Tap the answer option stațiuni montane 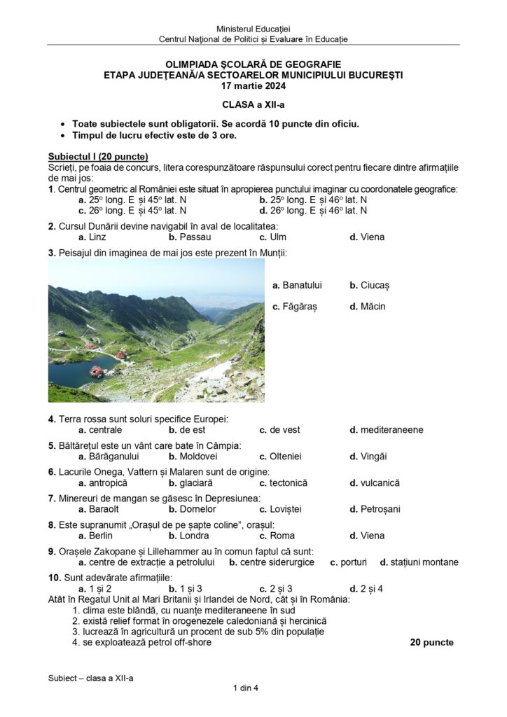pyautogui.click(x=419, y=562)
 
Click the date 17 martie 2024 pyautogui.click(x=253, y=86)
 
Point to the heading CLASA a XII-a pyautogui.click(x=253, y=105)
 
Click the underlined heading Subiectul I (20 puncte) pyautogui.click(x=98, y=156)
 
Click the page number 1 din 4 pyautogui.click(x=246, y=688)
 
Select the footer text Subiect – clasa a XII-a pyautogui.click(x=90, y=678)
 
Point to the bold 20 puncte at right pyautogui.click(x=431, y=643)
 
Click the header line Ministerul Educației pyautogui.click(x=253, y=28)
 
